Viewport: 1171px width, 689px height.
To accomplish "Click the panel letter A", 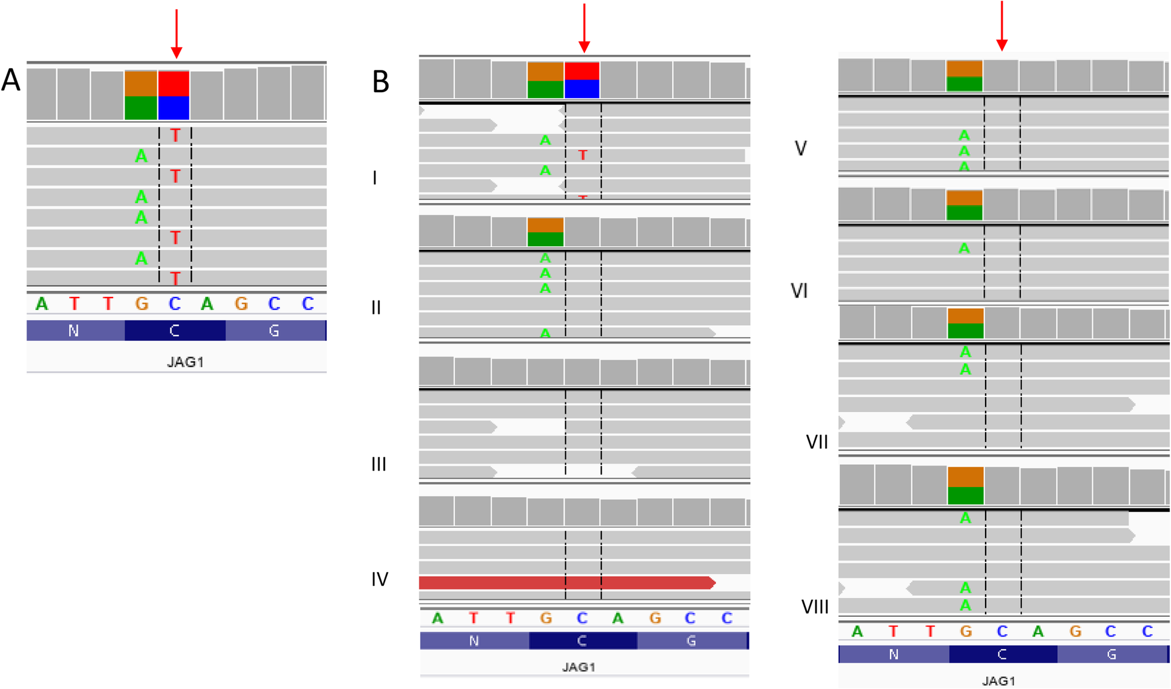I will coord(11,80).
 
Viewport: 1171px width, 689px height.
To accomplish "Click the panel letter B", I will coord(380,82).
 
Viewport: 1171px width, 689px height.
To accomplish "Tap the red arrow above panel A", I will coord(176,34).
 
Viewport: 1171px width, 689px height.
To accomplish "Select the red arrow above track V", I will coord(1002,26).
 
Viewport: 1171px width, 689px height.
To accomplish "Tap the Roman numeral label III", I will coord(378,464).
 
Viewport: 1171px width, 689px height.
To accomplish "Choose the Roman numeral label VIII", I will coord(815,607).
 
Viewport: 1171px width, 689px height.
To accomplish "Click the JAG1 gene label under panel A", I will coord(185,362).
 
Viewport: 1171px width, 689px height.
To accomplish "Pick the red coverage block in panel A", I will coord(174,83).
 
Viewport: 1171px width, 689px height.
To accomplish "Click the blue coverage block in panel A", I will coord(174,108).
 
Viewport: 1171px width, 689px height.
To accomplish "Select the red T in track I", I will coord(582,155).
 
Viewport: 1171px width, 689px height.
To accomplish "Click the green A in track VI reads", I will coord(964,248).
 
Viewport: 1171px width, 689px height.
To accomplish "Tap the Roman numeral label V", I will coord(800,148).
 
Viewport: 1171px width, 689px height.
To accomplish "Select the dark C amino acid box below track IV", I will coord(582,641).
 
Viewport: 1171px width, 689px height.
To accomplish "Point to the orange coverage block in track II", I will coord(545,225).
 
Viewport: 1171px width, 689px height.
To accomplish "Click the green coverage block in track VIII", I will coord(965,496).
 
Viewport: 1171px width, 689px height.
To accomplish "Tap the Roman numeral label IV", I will coord(380,579).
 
